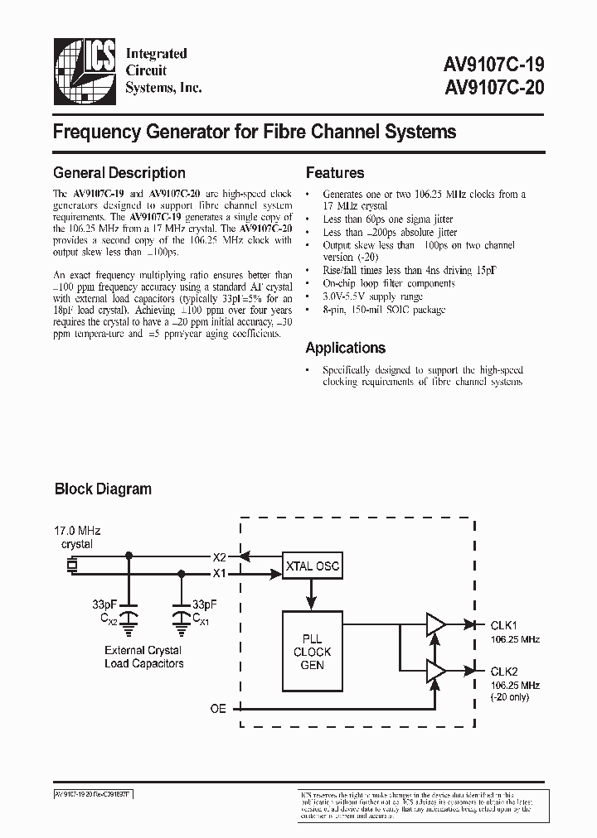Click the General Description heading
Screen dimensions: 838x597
119,173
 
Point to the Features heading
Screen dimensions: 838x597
335,173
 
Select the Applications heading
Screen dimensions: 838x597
345,348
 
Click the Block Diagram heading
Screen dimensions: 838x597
103,489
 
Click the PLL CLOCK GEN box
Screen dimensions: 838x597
311,651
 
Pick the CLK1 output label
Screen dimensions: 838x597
505,625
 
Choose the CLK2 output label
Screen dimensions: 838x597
505,672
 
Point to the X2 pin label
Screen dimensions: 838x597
220,556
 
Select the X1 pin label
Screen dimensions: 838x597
220,572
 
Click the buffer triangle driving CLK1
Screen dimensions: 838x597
434,626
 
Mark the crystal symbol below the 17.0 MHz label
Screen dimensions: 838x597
73,565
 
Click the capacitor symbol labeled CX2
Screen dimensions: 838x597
129,617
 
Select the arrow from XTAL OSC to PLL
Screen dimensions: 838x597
311,595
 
